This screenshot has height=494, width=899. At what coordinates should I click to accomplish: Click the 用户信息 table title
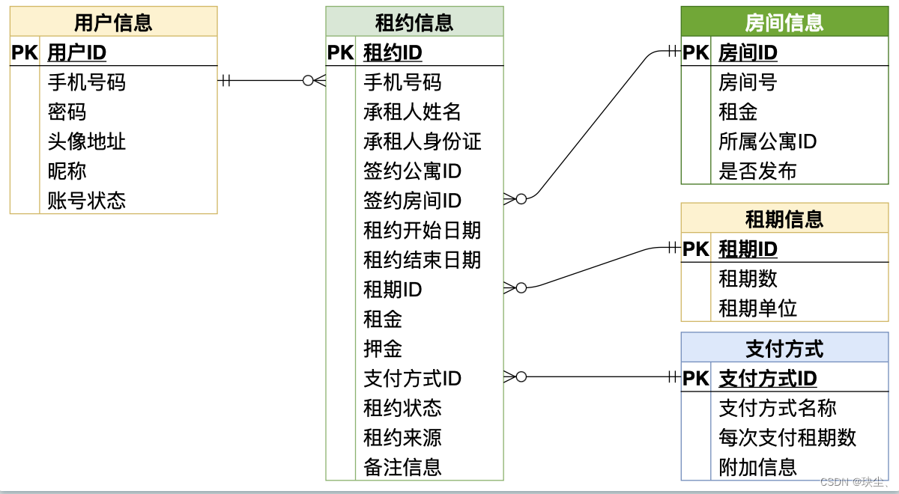coord(113,22)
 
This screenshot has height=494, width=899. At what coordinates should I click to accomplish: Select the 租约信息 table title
coord(414,22)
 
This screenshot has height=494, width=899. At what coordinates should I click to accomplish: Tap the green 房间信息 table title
coord(784,22)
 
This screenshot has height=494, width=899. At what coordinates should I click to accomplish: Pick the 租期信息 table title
coord(784,219)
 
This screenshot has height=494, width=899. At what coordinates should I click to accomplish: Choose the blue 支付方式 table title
coord(784,349)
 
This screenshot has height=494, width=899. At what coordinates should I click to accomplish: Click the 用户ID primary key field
coord(77,52)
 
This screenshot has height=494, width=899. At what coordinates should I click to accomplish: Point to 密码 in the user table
coord(67,112)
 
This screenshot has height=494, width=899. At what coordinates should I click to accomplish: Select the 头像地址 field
coord(87,141)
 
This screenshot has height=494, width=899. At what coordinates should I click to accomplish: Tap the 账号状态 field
coord(87,201)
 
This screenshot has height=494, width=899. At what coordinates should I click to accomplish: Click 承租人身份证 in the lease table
coord(423,141)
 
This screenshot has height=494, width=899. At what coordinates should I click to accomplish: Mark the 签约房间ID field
coord(413,201)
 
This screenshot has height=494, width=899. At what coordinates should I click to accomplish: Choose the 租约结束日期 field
coord(423,260)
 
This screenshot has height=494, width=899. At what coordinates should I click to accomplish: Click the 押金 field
coord(383,349)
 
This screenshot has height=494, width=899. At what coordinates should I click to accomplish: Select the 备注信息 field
coord(403,467)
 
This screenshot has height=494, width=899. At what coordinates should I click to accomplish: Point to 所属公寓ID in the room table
coord(768,141)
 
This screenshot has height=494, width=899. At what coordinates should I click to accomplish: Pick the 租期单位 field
coord(757,308)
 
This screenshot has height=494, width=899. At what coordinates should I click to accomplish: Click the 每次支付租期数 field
coord(787,437)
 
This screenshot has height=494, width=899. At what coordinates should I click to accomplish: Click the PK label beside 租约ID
coord(341,52)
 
